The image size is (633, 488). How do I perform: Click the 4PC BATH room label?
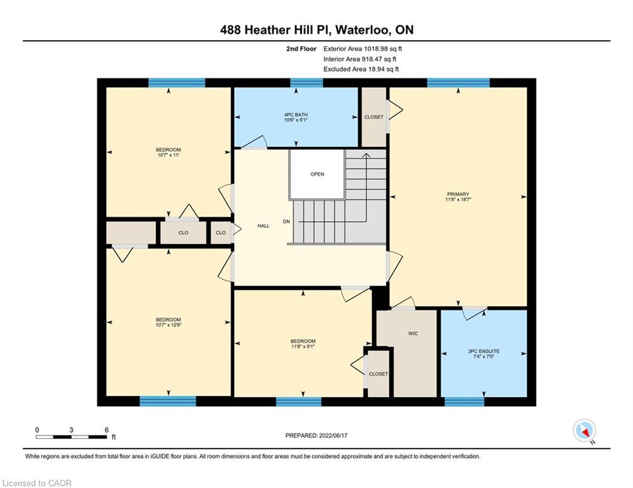pyautogui.click(x=296, y=114)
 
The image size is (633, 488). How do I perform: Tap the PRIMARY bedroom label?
pyautogui.click(x=458, y=194)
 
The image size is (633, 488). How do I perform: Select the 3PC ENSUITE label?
pyautogui.click(x=483, y=351)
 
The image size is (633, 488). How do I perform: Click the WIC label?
pyautogui.click(x=413, y=334)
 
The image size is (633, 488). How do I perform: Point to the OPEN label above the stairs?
pyautogui.click(x=317, y=174)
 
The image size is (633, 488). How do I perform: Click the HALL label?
pyautogui.click(x=263, y=226)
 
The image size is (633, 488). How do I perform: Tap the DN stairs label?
pyautogui.click(x=286, y=221)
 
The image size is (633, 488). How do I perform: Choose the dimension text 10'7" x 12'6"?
pyautogui.click(x=169, y=325)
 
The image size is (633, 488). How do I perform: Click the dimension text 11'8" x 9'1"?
pyautogui.click(x=303, y=346)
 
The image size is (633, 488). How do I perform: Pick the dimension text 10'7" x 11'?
pyautogui.click(x=169, y=154)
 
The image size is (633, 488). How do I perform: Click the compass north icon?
pyautogui.click(x=584, y=430)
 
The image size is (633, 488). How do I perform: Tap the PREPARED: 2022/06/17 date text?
pyautogui.click(x=317, y=435)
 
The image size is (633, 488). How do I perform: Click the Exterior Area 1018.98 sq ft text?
pyautogui.click(x=363, y=49)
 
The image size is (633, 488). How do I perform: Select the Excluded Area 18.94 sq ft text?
pyautogui.click(x=361, y=69)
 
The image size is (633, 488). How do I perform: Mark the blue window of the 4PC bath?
pyautogui.click(x=307, y=83)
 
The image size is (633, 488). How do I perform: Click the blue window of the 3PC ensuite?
pyautogui.click(x=464, y=402)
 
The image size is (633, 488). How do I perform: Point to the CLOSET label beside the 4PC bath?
pyautogui.click(x=374, y=117)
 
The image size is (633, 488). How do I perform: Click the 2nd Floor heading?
pyautogui.click(x=301, y=49)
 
